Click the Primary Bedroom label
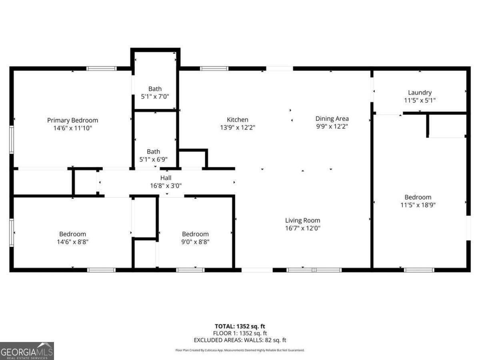point(72,120)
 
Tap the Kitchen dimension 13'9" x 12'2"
point(238,128)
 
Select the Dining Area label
point(332,118)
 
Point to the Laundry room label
point(420,92)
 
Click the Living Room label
point(302,220)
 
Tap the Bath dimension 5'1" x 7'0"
point(155,96)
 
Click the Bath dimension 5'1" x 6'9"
point(153,159)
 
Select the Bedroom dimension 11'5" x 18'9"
point(418,205)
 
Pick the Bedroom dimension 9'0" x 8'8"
point(195,242)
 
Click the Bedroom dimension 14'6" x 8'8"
point(72,242)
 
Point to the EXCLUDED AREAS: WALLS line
point(240,340)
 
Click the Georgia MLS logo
point(27,351)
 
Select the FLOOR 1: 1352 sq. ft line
point(240,333)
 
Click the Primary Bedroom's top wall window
point(102,68)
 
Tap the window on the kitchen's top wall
point(214,68)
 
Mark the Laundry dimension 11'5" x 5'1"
point(420,100)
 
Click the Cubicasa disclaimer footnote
point(240,350)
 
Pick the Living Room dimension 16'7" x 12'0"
point(302,228)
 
